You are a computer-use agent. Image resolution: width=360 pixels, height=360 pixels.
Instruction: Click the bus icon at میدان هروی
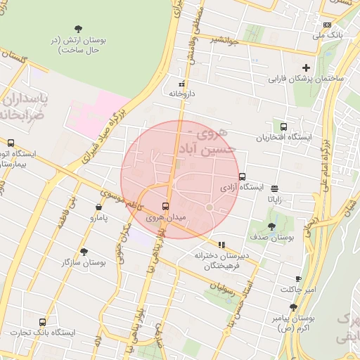(165, 206)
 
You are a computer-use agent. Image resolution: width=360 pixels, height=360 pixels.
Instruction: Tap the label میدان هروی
(166, 219)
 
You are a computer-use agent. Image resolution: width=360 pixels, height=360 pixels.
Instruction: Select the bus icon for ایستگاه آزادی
(243, 176)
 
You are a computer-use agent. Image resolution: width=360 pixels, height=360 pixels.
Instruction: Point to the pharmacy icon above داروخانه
(182, 82)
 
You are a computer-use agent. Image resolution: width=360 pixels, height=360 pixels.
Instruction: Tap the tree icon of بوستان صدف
(271, 226)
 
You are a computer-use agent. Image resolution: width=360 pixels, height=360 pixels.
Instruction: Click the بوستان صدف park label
(271, 238)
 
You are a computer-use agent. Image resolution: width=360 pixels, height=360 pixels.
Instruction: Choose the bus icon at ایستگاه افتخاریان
(283, 127)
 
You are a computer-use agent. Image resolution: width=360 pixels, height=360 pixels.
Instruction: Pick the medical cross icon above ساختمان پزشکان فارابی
(305, 67)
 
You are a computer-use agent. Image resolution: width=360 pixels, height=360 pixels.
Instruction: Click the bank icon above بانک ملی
(327, 23)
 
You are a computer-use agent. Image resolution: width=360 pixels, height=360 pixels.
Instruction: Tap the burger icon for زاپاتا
(274, 188)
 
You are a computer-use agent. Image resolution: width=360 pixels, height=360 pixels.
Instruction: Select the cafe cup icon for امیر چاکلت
(298, 278)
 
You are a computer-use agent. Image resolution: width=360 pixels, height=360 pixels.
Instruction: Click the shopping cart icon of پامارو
(98, 207)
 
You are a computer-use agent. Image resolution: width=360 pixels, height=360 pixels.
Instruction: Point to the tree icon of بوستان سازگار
(84, 251)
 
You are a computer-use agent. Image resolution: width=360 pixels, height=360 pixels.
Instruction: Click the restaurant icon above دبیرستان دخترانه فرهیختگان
(222, 245)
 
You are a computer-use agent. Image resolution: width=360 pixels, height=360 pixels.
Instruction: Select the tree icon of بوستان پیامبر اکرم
(293, 307)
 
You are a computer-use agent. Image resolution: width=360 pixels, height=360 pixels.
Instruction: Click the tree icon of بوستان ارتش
(77, 29)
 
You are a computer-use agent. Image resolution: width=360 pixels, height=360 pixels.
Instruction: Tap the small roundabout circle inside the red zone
(209, 207)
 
